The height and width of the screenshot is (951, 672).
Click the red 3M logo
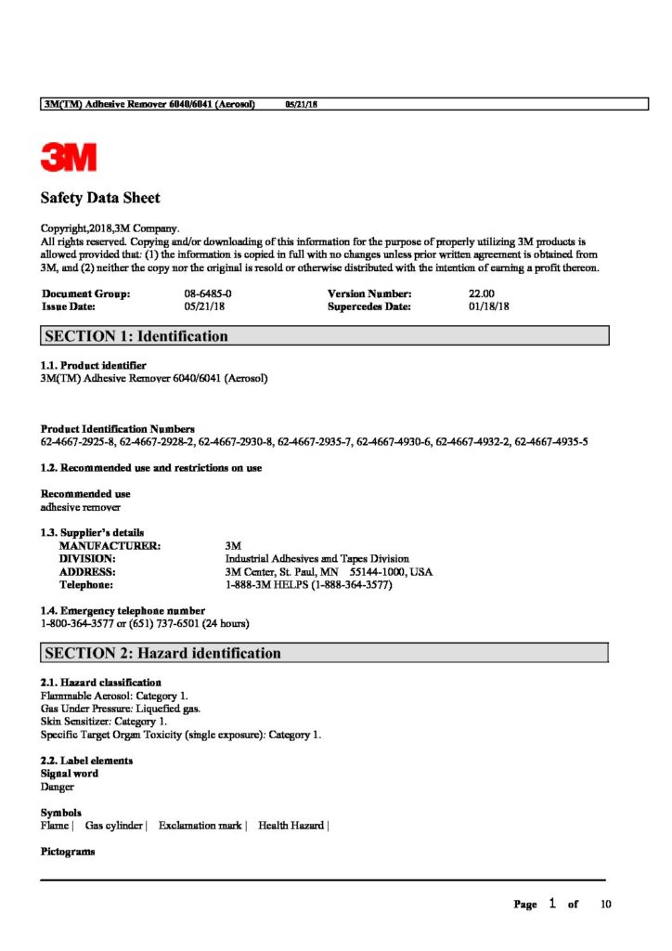coord(69,157)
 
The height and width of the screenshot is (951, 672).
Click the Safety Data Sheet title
coord(100,198)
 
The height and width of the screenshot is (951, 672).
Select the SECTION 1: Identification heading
coord(136,336)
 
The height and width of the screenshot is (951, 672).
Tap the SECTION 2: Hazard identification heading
coord(162,653)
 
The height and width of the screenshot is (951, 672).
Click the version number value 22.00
coord(481,293)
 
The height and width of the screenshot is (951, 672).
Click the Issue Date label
coord(69,306)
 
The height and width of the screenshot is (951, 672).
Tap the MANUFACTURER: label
coord(110,546)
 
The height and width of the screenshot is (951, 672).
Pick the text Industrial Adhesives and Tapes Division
coord(317,559)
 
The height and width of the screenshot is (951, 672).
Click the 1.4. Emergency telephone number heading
coord(123,610)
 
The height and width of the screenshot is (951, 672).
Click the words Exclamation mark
coord(200,825)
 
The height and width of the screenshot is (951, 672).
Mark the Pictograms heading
coord(68,851)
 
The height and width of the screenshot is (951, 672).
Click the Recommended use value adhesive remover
coord(81,507)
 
